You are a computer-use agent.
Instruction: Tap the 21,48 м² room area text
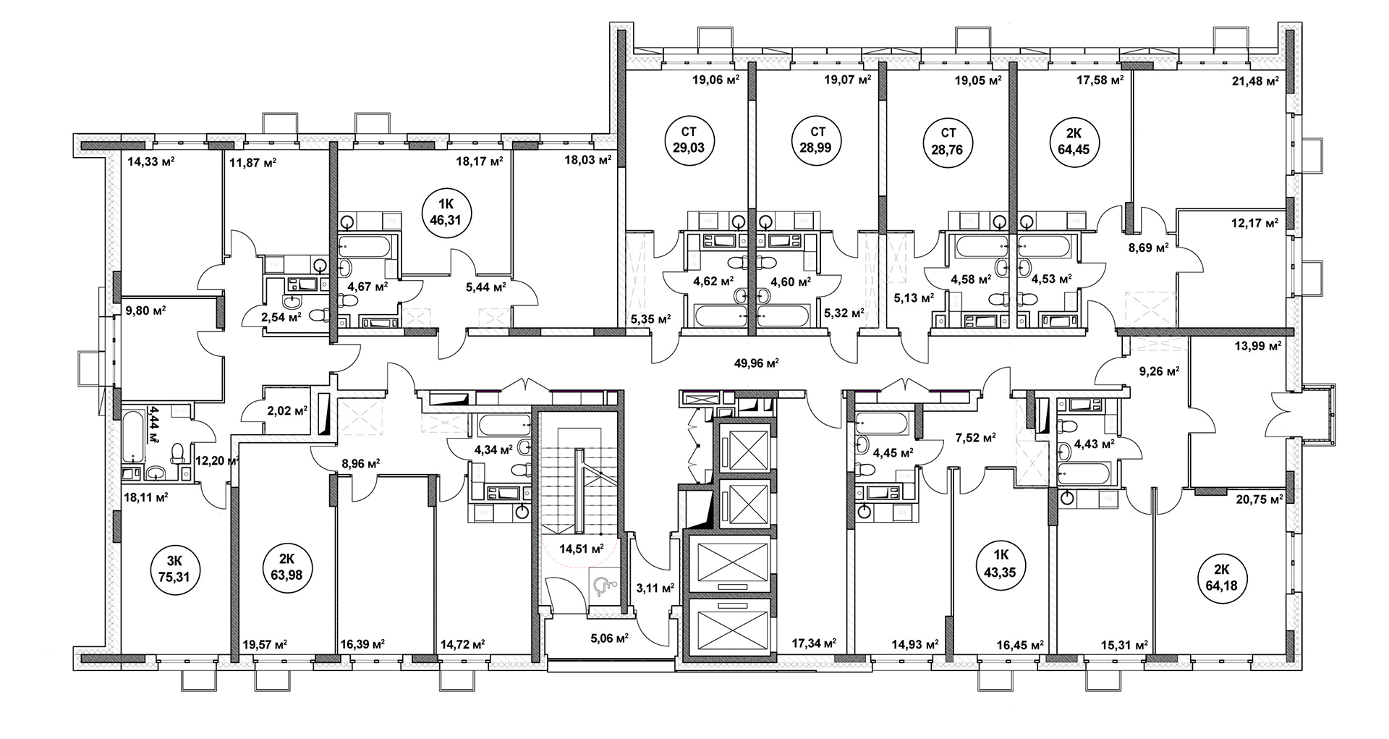pos(1254,81)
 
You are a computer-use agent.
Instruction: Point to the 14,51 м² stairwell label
pos(582,548)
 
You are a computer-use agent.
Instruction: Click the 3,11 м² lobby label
pos(655,588)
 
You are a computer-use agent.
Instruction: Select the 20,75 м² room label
pos(1259,499)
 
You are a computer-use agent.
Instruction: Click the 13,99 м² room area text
pos(1257,347)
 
